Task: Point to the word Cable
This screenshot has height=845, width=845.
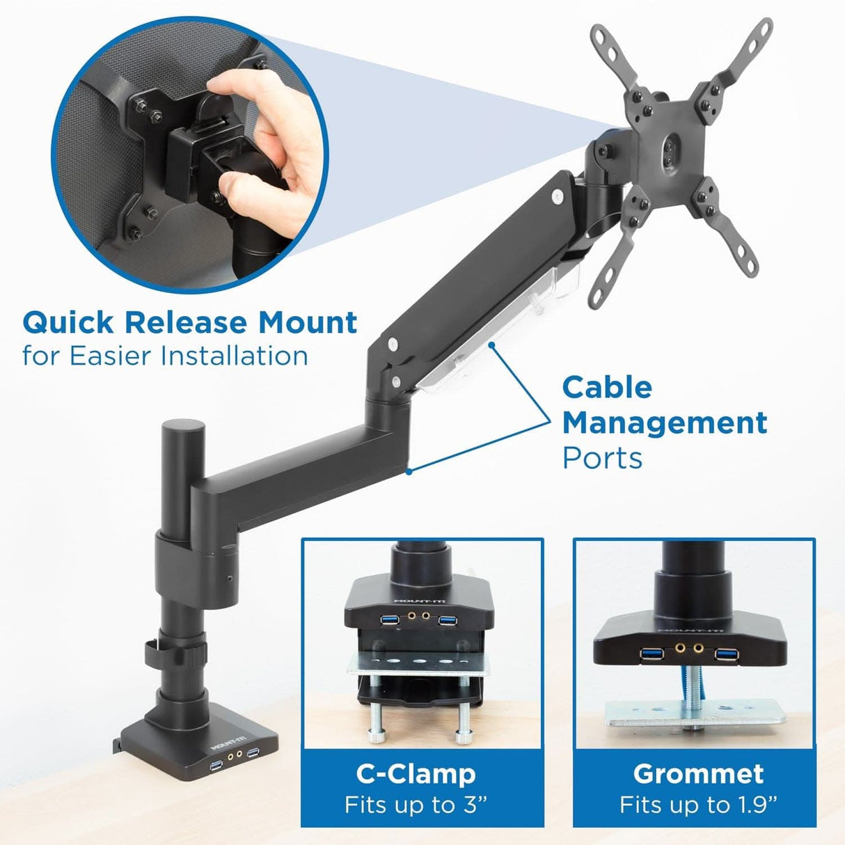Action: pos(607,387)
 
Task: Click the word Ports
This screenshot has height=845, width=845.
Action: pos(602,458)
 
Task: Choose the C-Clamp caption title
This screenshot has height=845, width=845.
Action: pos(416,773)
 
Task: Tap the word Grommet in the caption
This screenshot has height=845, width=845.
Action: pos(698,773)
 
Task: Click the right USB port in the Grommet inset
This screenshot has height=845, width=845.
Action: pos(726,654)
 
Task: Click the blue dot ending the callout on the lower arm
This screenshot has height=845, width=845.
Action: pos(409,471)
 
